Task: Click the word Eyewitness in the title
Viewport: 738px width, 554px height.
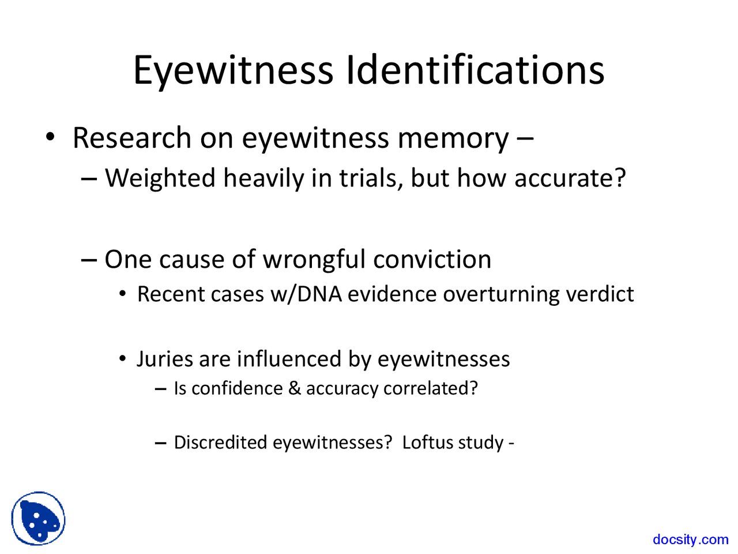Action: click(x=233, y=70)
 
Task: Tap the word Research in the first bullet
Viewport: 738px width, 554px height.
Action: click(x=132, y=138)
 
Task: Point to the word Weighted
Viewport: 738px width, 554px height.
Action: click(x=160, y=178)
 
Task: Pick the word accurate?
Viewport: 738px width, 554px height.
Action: click(x=570, y=178)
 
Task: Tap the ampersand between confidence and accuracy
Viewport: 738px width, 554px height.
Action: click(x=294, y=388)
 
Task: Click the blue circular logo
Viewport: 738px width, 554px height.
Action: click(x=38, y=518)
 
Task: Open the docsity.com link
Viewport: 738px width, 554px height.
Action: click(x=690, y=540)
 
